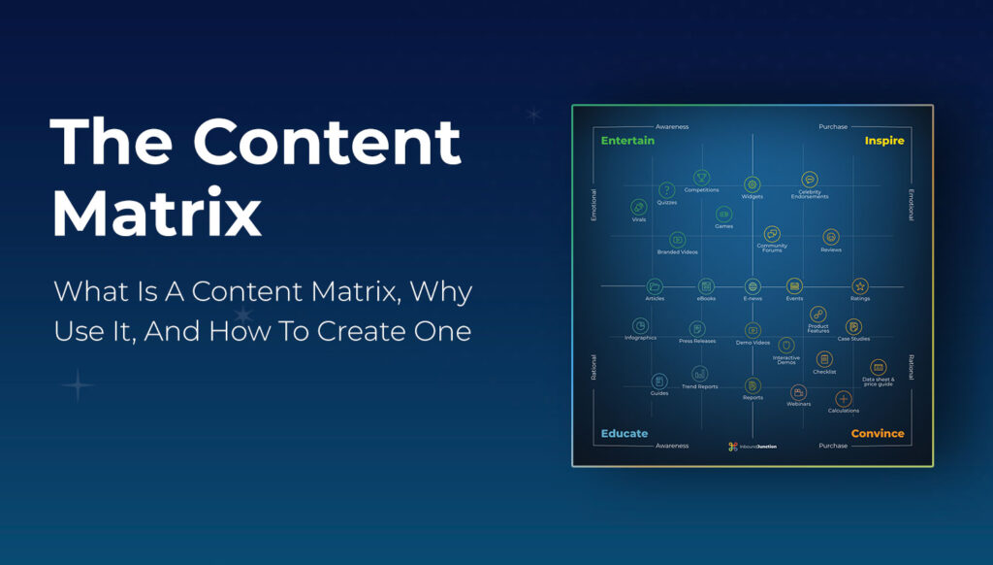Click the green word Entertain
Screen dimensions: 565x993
click(x=627, y=141)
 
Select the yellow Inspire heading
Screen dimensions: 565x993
click(x=883, y=141)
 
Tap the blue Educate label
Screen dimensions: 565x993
click(x=625, y=433)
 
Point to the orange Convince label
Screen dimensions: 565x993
click(x=878, y=433)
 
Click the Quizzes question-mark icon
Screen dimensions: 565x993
click(x=667, y=190)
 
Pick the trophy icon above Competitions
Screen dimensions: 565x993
click(x=701, y=178)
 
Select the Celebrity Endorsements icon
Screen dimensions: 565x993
click(x=810, y=181)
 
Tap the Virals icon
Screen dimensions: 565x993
click(x=639, y=207)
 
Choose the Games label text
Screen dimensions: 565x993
click(x=723, y=226)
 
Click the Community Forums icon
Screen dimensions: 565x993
click(x=772, y=234)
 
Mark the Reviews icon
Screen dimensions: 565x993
click(x=831, y=237)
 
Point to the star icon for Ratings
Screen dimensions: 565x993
click(x=860, y=286)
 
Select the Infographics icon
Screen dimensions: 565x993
click(x=640, y=326)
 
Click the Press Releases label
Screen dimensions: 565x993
click(x=696, y=342)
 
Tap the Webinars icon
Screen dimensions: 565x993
click(x=799, y=392)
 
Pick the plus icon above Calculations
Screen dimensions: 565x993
click(x=844, y=399)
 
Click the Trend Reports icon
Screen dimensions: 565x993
click(x=699, y=374)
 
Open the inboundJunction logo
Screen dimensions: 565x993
click(x=752, y=447)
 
